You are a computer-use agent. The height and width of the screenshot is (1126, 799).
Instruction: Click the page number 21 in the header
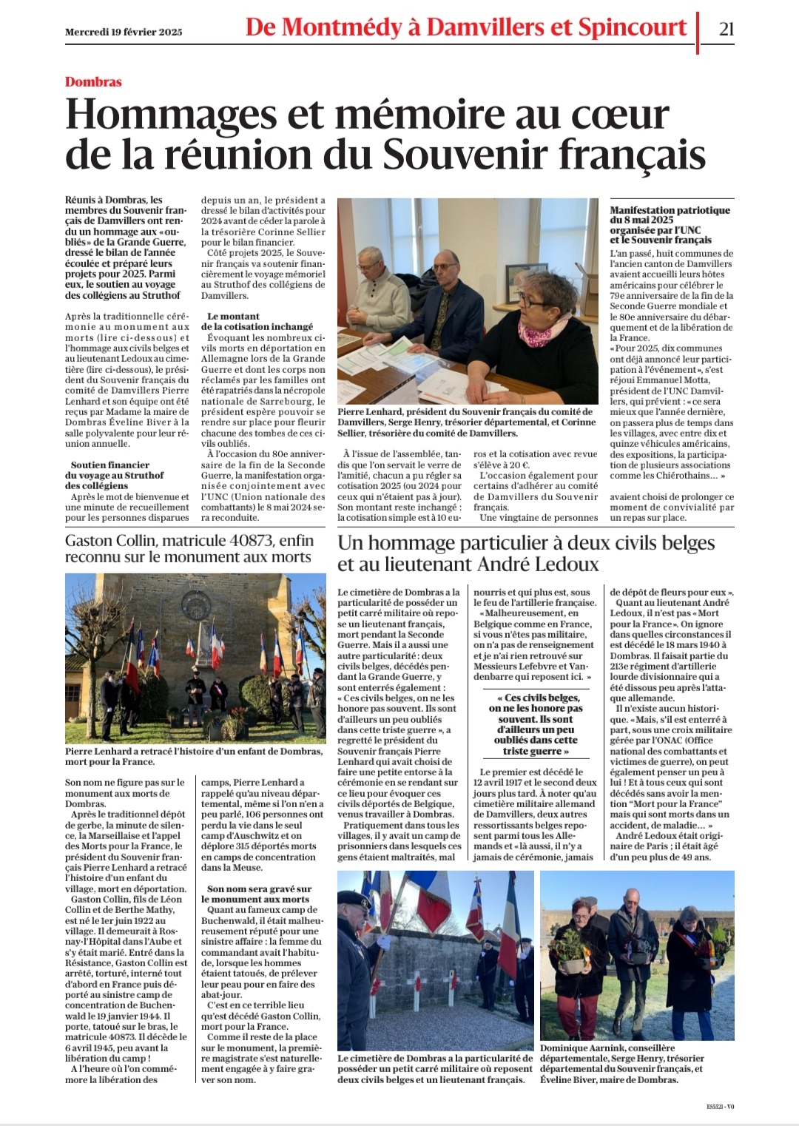point(726,28)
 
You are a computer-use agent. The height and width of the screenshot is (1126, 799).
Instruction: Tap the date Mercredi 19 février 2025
point(124,32)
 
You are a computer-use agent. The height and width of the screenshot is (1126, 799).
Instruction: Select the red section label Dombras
point(93,82)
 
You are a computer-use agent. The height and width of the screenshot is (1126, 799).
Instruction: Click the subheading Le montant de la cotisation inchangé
point(257,321)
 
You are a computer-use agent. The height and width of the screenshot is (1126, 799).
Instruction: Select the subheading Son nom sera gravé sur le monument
point(257,894)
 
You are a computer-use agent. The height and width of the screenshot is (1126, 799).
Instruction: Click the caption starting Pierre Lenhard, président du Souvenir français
point(466,422)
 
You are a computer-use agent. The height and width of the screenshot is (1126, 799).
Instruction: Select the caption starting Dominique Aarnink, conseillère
point(621,1063)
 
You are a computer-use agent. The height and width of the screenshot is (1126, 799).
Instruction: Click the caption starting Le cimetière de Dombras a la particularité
point(435,1068)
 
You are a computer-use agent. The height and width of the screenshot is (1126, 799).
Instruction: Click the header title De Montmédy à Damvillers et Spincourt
point(466,28)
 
